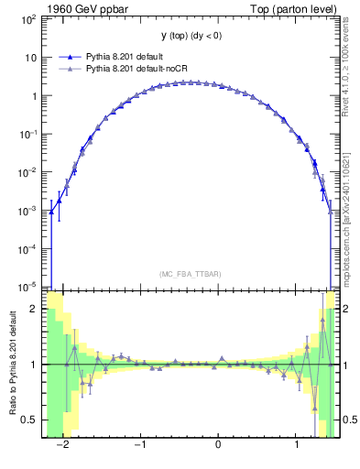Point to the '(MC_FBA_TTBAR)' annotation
(x=190, y=274)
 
